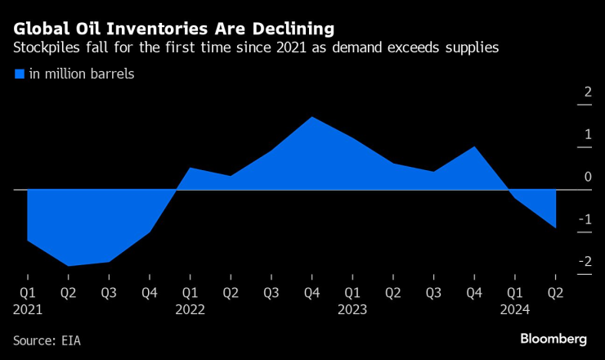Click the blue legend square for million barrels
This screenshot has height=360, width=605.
(x=19, y=74)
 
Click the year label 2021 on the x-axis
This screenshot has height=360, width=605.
(x=27, y=310)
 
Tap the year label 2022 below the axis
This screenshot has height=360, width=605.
(x=190, y=310)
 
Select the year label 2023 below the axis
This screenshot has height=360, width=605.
(x=352, y=310)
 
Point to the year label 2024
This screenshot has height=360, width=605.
(x=515, y=310)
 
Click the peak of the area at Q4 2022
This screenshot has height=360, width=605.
(x=311, y=117)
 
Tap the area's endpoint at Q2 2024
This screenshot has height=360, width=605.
(x=555, y=227)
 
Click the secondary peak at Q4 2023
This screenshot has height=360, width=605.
(x=474, y=147)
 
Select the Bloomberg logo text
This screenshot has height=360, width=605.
(x=553, y=339)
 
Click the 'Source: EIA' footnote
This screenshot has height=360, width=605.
(x=47, y=340)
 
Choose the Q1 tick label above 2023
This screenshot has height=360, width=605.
(x=352, y=292)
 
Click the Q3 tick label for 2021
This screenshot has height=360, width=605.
(x=108, y=292)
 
